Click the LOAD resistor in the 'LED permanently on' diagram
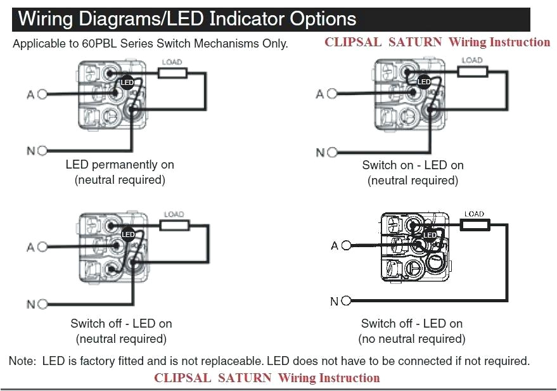pos(172,74)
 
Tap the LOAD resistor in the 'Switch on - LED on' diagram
pos(473,72)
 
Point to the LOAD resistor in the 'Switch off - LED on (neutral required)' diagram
pos(174,225)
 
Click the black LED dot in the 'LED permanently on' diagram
pos(127,83)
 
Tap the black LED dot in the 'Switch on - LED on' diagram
pos(424,82)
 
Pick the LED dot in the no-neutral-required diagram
pos(430,235)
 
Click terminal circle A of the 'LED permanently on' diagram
pos(42,94)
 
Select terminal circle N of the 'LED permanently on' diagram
pos(42,151)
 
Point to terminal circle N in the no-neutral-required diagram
pos(346,302)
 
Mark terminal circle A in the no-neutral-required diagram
pos(346,246)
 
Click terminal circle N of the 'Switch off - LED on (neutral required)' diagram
pos(42,304)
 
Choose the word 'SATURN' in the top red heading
pos(414,42)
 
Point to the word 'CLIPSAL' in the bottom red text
pos(182,378)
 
